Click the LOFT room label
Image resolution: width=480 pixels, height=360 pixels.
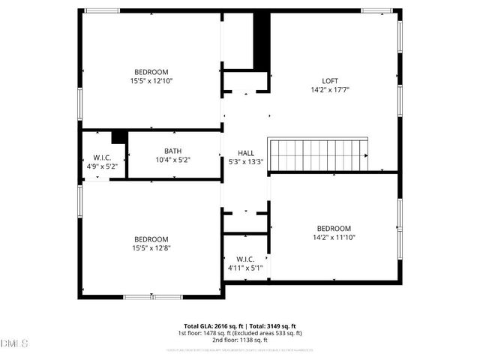pyautogui.click(x=330, y=81)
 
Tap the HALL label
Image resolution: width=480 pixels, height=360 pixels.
pyautogui.click(x=246, y=151)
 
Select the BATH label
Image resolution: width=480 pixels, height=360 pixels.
pyautogui.click(x=173, y=150)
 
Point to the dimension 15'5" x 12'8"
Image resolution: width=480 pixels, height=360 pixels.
pyautogui.click(x=151, y=247)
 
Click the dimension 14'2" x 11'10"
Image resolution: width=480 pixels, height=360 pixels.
pyautogui.click(x=334, y=238)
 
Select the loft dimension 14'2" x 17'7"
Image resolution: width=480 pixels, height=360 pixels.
pyautogui.click(x=330, y=89)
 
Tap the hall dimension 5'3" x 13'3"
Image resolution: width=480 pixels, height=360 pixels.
pyautogui.click(x=246, y=160)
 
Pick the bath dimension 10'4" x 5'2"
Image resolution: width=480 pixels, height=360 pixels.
pyautogui.click(x=173, y=159)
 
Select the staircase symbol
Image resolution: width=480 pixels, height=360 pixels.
pyautogui.click(x=319, y=154)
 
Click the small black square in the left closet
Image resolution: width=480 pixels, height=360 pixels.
pyautogui.click(x=118, y=137)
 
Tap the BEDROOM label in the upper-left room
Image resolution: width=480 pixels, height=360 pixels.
pyautogui.click(x=151, y=72)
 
